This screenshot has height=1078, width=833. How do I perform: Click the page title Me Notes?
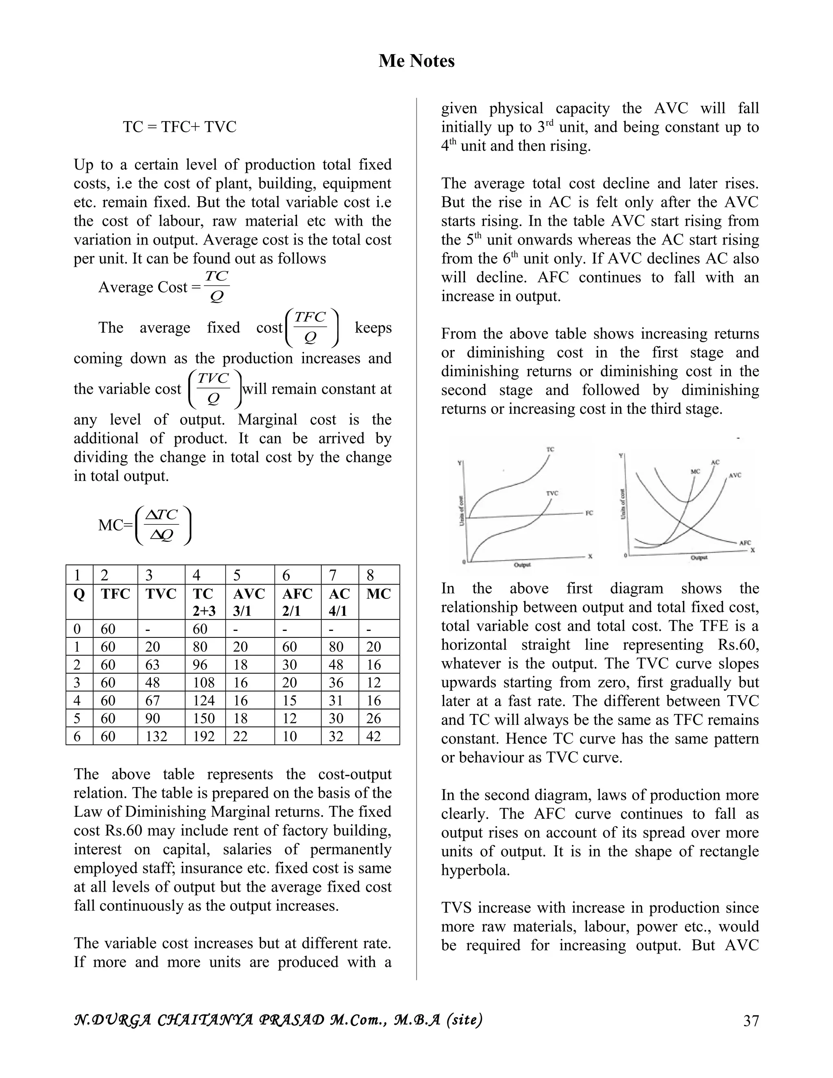pyautogui.click(x=416, y=61)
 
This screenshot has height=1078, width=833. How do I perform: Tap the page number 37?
pyautogui.click(x=750, y=1020)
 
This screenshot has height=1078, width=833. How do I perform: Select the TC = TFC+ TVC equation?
pyautogui.click(x=180, y=127)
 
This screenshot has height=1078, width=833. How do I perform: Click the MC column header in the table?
pyautogui.click(x=379, y=594)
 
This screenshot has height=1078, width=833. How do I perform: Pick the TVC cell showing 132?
pyautogui.click(x=157, y=736)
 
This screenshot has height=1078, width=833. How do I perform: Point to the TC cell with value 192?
pyautogui.click(x=203, y=736)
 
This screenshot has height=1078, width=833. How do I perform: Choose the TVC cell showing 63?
pyautogui.click(x=152, y=664)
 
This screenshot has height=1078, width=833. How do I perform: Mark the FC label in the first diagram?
pyautogui.click(x=589, y=513)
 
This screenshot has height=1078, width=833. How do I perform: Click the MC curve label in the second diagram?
pyautogui.click(x=695, y=471)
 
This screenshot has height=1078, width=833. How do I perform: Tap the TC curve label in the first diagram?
pyautogui.click(x=550, y=449)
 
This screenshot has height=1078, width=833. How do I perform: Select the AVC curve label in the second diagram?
pyautogui.click(x=735, y=475)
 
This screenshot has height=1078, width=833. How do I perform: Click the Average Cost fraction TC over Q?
pyautogui.click(x=216, y=286)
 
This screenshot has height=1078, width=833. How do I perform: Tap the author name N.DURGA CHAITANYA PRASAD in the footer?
pyautogui.click(x=197, y=1019)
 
